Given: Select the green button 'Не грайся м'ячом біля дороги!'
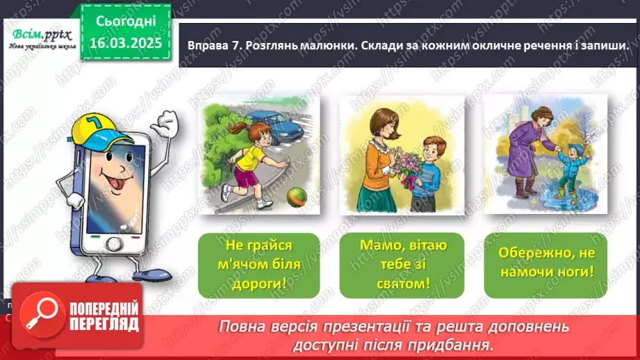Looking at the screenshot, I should pos(259,265).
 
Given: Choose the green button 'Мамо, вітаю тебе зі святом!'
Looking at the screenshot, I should pos(403,265).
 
